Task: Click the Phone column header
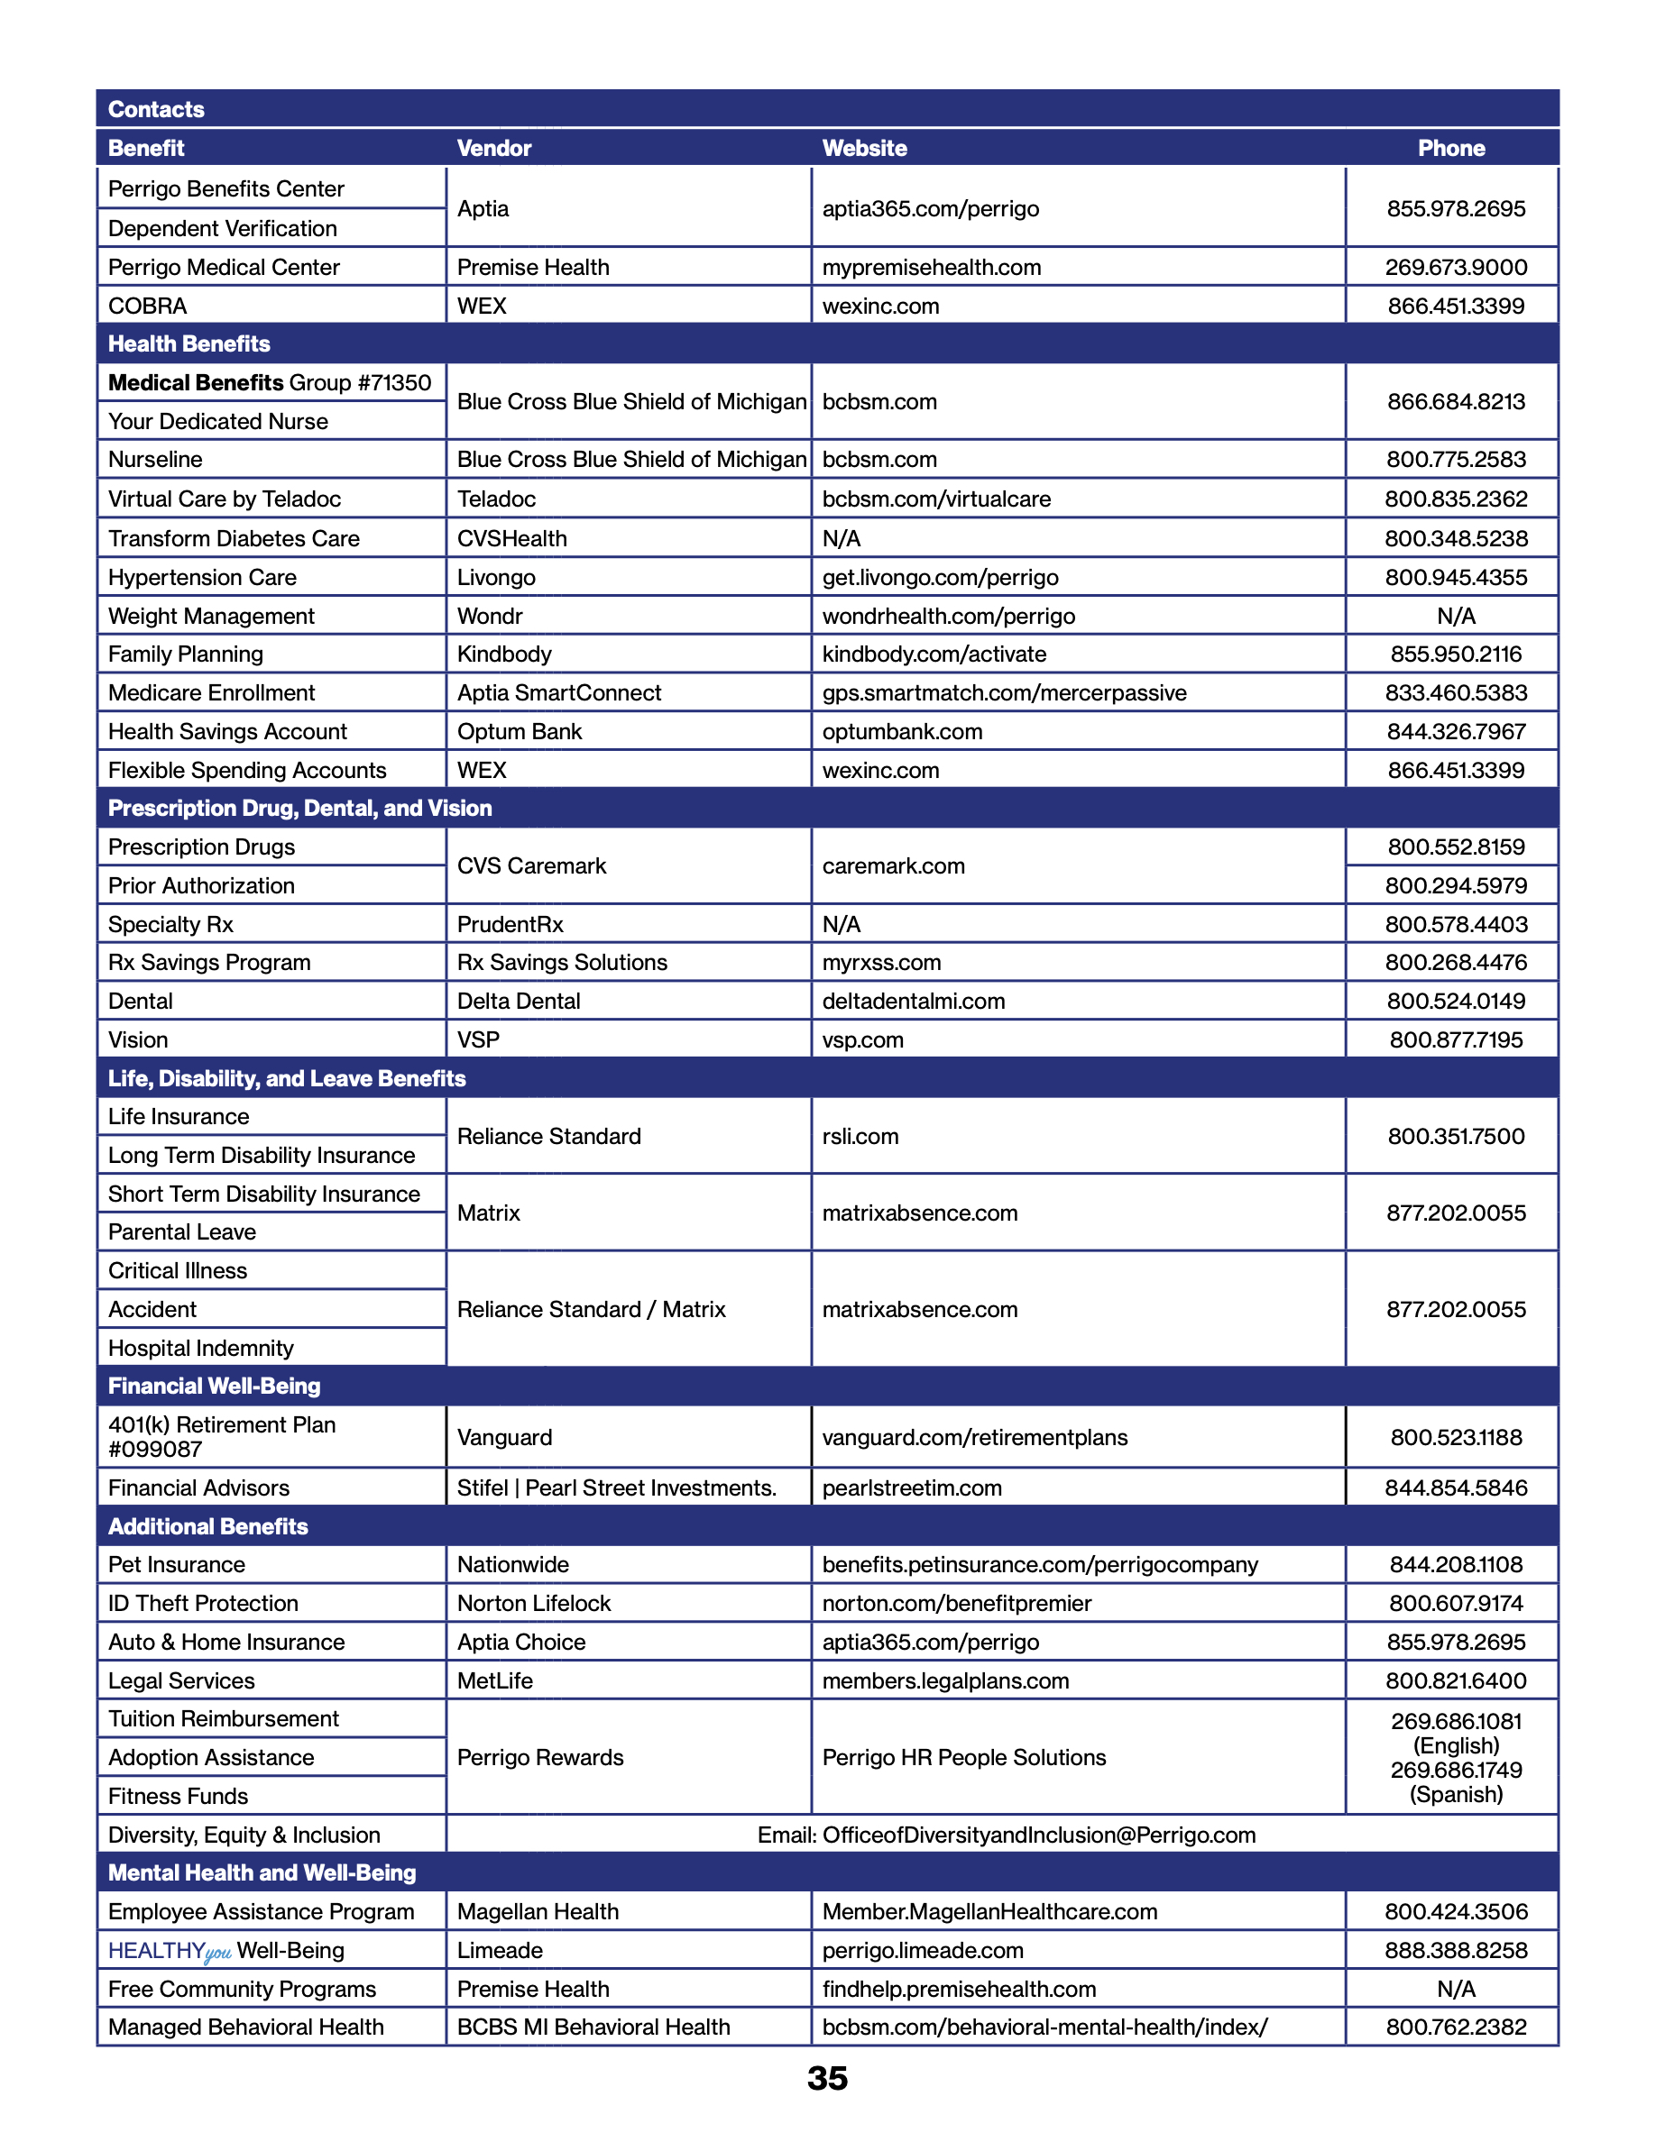(1450, 148)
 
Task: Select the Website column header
(864, 148)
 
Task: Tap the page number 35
(827, 2078)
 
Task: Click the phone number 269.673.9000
(1456, 267)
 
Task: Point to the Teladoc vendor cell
(496, 499)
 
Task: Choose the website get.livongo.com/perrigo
(940, 578)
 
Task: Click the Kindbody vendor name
(504, 654)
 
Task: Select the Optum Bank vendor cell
(519, 732)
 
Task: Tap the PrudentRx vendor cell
(511, 925)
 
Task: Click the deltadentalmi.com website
(914, 1002)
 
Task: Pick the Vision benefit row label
(138, 1039)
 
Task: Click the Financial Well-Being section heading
(214, 1386)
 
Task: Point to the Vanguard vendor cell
(504, 1438)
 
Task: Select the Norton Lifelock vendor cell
(534, 1604)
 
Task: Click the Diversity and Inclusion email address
(1038, 1835)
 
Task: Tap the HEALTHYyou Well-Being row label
(225, 1951)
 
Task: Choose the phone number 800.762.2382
(1456, 2028)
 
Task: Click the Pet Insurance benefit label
(177, 1564)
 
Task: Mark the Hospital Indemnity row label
(201, 1349)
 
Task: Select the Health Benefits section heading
(189, 344)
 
